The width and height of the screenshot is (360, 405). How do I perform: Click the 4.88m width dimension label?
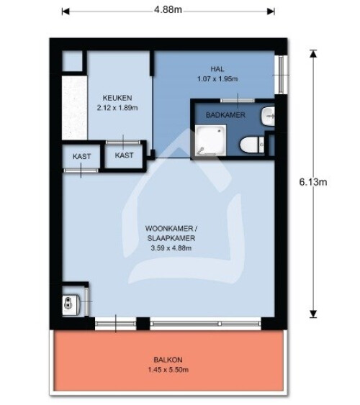168,10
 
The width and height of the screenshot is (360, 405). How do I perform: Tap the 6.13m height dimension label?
313,182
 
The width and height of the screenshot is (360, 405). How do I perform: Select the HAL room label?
217,69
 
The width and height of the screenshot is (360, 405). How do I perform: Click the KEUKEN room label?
117,98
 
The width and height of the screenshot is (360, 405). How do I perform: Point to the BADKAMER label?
225,115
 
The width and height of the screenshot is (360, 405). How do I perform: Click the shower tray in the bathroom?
211,140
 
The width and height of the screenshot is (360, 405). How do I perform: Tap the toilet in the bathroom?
252,145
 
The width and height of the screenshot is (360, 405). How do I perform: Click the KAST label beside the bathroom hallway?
124,155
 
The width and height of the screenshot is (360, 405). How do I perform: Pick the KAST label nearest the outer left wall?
81,156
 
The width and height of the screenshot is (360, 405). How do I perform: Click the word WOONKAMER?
169,228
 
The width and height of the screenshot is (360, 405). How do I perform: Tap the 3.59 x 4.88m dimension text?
171,248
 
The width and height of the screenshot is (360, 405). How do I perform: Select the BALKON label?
168,360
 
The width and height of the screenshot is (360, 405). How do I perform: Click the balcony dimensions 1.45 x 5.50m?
168,370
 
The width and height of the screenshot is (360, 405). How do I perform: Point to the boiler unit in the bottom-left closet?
71,304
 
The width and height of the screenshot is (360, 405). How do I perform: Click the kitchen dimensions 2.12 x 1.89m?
117,108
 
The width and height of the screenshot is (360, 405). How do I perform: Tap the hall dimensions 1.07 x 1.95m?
217,79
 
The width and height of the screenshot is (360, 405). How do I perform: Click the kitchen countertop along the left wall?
74,107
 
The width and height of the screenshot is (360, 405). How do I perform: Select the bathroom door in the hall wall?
238,101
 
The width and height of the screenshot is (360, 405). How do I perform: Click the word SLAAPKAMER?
171,238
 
